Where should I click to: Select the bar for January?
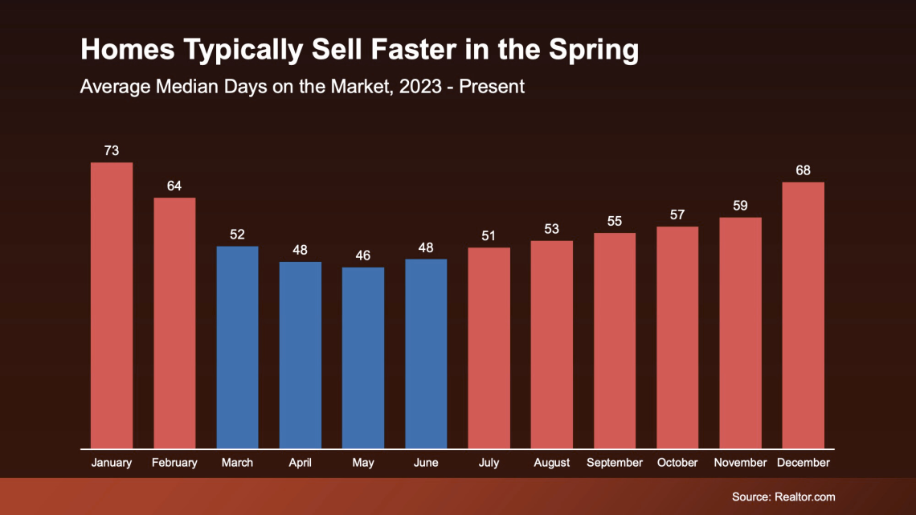(x=112, y=305)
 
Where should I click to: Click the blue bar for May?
(x=363, y=358)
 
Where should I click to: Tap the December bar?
(x=803, y=315)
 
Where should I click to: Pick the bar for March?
(x=237, y=347)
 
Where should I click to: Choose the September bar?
(x=615, y=341)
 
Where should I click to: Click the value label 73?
(x=112, y=150)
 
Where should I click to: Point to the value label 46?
(x=363, y=255)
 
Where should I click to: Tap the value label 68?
(x=803, y=170)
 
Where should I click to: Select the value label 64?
(x=174, y=186)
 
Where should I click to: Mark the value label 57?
(x=677, y=215)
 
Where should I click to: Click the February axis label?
(x=174, y=463)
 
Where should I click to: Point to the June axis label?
(x=426, y=463)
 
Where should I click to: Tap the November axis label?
(x=740, y=463)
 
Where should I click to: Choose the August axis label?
(x=551, y=463)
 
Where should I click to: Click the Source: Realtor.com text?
(x=783, y=497)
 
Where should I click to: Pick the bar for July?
(x=489, y=348)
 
